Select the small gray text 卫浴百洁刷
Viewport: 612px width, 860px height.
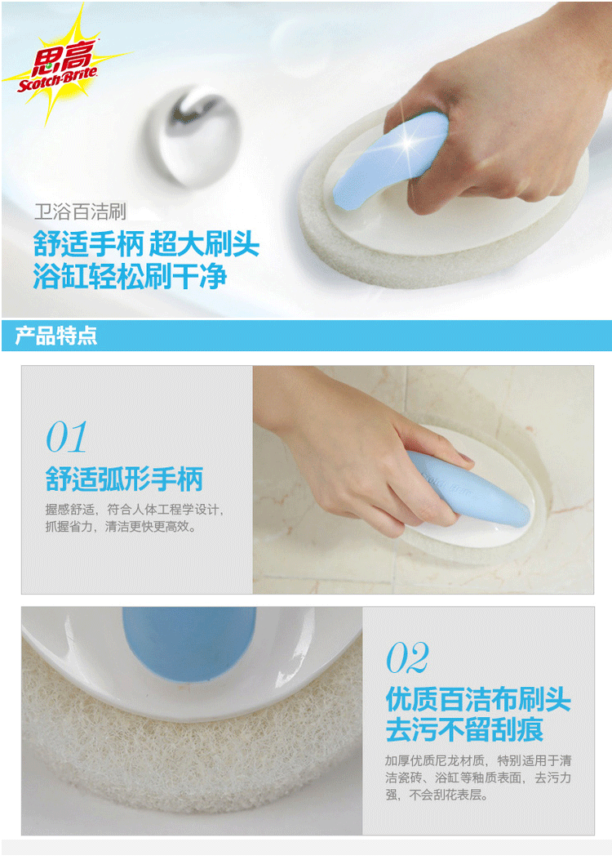click(80, 212)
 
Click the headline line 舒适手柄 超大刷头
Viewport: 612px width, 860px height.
click(146, 243)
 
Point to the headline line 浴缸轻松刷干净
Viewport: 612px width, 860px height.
click(130, 276)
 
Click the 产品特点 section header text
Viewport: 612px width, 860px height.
click(55, 336)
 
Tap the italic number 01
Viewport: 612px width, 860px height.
click(66, 437)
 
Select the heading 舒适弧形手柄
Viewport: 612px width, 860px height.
click(124, 479)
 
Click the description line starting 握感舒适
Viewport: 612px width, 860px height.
click(135, 510)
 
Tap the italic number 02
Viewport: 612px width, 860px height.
click(408, 657)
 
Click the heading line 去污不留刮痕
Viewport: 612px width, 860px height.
click(464, 729)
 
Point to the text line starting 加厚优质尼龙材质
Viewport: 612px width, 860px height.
click(478, 760)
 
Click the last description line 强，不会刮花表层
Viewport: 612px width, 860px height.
click(437, 795)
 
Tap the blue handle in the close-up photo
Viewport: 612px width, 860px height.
click(189, 642)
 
